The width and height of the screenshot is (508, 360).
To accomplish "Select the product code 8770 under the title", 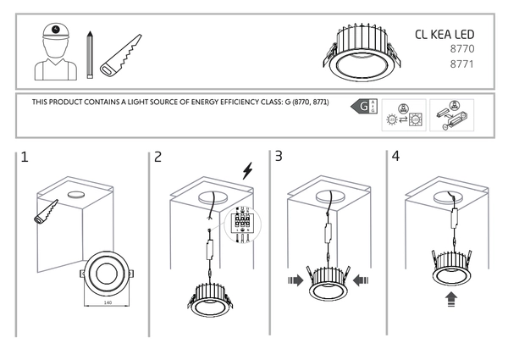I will point(461,50).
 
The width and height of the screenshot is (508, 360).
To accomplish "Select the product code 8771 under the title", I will point(461,64).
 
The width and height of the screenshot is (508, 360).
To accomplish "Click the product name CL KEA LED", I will point(445,34).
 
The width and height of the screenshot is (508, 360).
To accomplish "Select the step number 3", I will point(279,157).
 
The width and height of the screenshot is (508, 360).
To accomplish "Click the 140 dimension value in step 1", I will point(107,301).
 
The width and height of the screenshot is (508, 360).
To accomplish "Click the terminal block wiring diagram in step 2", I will point(240,225).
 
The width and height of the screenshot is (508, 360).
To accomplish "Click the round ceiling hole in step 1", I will point(76,194).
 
